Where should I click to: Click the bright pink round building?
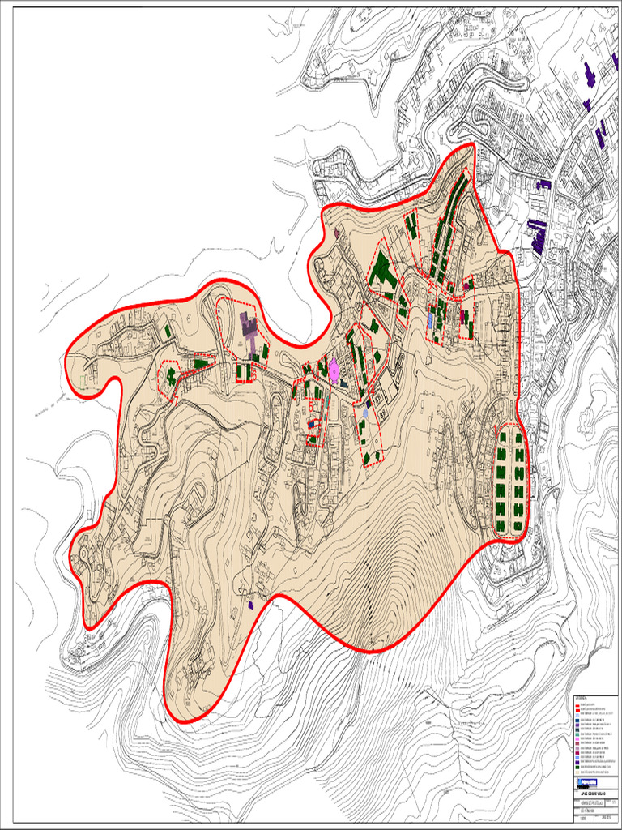click(x=334, y=367)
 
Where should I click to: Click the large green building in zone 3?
click(x=381, y=271)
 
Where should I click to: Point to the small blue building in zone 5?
click(x=311, y=422)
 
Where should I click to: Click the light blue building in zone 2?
click(x=430, y=319)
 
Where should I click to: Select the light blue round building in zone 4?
click(x=365, y=413)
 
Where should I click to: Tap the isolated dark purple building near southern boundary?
click(x=251, y=604)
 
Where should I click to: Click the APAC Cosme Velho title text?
click(x=589, y=792)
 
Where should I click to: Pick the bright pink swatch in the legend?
click(x=577, y=739)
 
